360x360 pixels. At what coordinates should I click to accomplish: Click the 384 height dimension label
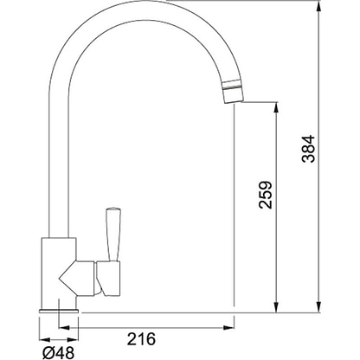pyautogui.click(x=308, y=149)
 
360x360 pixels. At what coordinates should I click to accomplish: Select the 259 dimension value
pyautogui.click(x=266, y=195)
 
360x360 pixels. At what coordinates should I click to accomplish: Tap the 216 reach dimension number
pyautogui.click(x=141, y=339)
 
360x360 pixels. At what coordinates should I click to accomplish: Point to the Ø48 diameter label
pyautogui.click(x=58, y=352)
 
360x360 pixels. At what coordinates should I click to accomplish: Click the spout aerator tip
pyautogui.click(x=232, y=91)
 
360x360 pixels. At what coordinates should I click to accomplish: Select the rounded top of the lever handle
pyautogui.click(x=113, y=209)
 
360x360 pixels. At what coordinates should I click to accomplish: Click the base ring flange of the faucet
pyautogui.click(x=59, y=311)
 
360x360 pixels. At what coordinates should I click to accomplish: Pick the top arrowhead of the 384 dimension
pyautogui.click(x=318, y=6)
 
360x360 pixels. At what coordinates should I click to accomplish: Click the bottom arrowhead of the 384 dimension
pyautogui.click(x=318, y=306)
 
